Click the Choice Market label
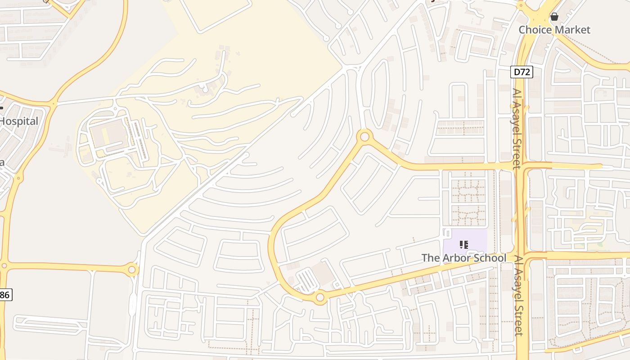[x=554, y=30]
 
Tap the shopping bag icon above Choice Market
[x=554, y=17]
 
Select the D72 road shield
[x=522, y=72]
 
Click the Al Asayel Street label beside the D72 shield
[x=516, y=128]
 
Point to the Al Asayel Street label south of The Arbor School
[x=518, y=296]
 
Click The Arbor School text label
[x=463, y=258]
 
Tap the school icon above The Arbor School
[x=463, y=245]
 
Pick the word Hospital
[x=19, y=121]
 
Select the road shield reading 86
[x=5, y=295]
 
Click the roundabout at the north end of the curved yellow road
[x=365, y=136]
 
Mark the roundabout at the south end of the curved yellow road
[x=320, y=297]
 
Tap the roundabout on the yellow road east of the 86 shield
[x=132, y=270]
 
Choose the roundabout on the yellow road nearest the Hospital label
[x=54, y=104]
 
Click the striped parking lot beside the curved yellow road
[x=308, y=281]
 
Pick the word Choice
[x=535, y=30]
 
